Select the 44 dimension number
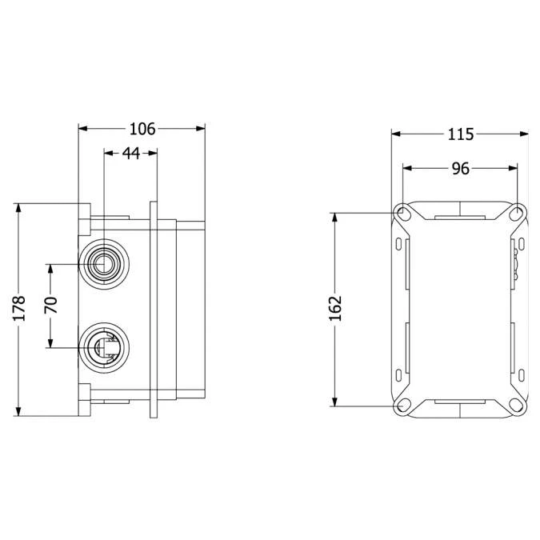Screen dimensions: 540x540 pos(131,153)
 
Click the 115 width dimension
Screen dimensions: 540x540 pos(460,134)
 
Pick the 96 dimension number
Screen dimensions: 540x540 pos(460,169)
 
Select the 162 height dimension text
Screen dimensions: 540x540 pos(335,308)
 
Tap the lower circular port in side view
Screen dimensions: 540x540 pos(103,346)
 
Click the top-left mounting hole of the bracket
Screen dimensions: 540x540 pos(402,213)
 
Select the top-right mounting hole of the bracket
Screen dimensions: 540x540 pos(517,213)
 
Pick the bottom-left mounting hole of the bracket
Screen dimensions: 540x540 pos(402,405)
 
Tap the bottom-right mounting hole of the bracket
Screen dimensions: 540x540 pos(517,405)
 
